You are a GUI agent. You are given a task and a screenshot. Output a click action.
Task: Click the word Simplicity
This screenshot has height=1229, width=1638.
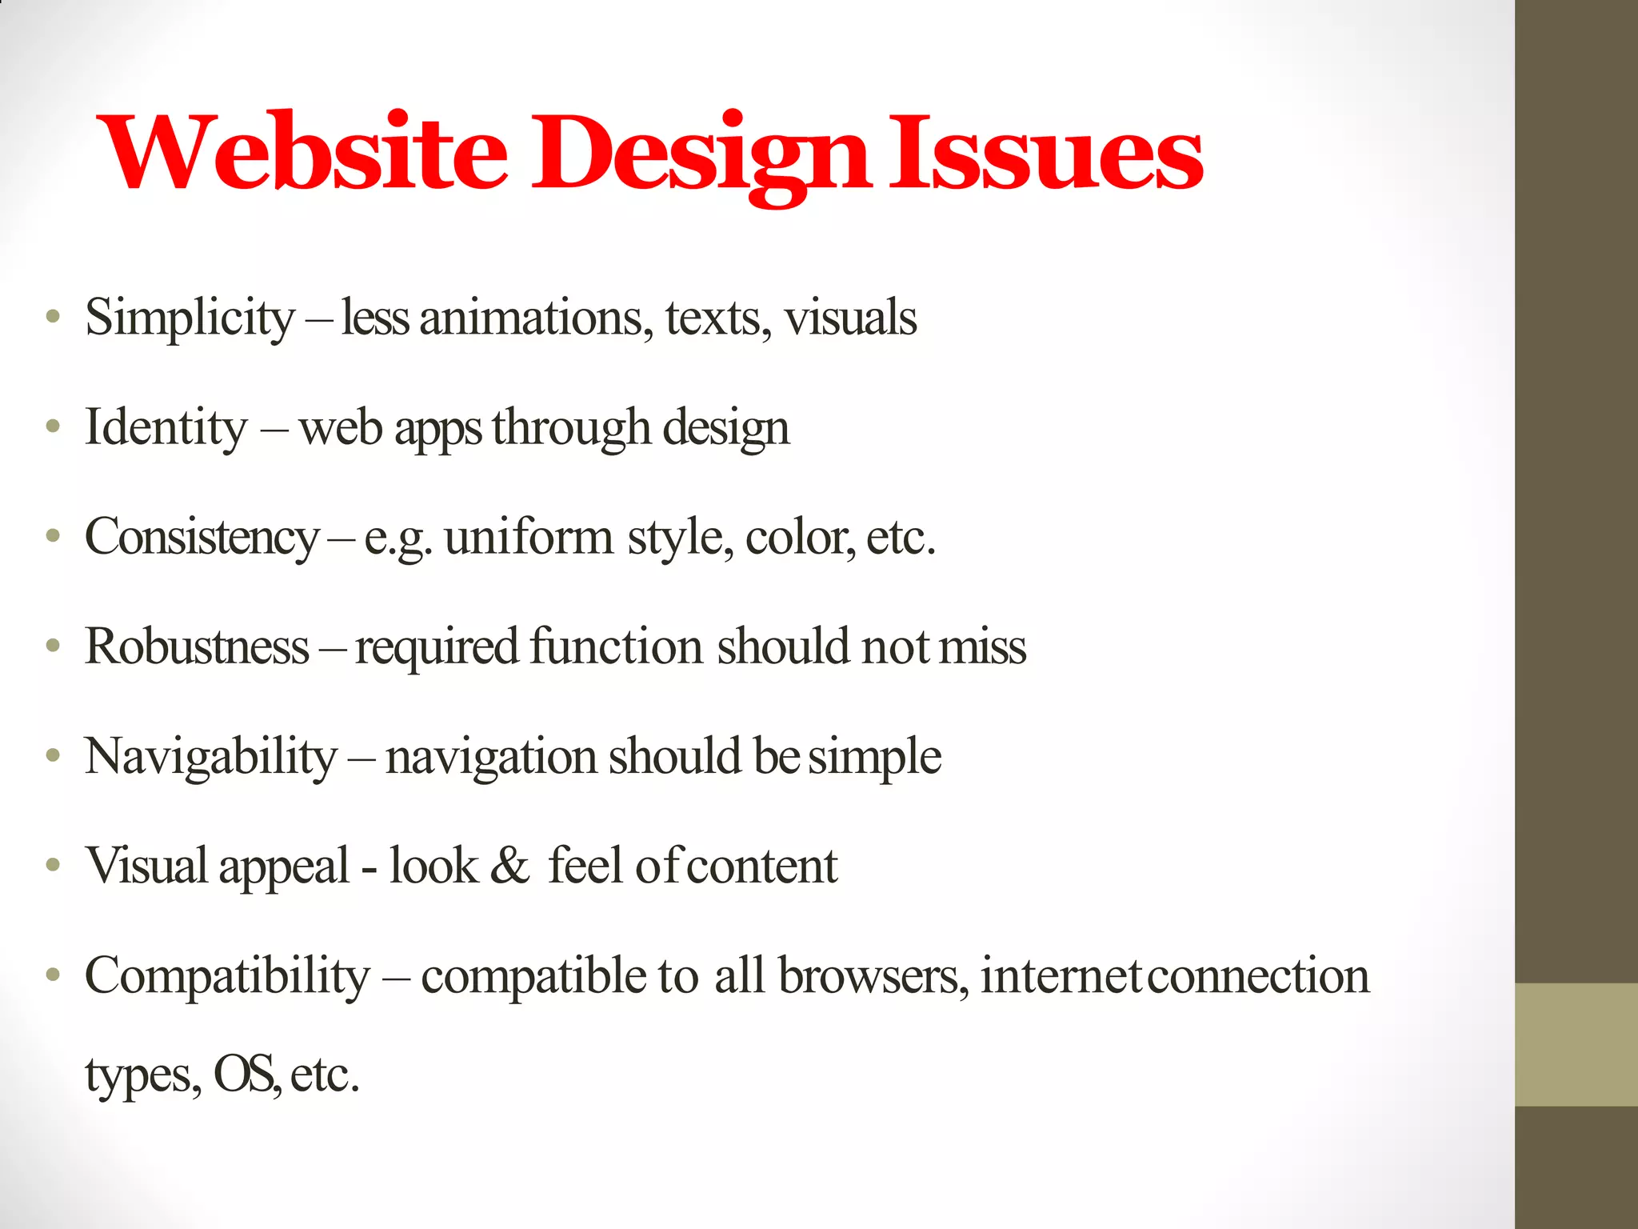click(x=190, y=318)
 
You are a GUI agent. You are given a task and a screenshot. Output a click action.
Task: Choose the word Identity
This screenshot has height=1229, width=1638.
click(x=166, y=428)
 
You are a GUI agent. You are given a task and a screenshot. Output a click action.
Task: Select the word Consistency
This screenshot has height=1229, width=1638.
click(x=202, y=538)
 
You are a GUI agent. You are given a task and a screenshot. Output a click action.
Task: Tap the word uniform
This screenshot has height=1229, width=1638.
click(x=529, y=538)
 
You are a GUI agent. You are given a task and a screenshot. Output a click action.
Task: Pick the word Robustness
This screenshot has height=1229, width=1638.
click(x=197, y=647)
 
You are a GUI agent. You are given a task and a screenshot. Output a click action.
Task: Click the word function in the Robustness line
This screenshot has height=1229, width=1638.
click(x=616, y=647)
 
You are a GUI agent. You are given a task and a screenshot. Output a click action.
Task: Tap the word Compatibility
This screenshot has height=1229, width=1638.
click(x=228, y=977)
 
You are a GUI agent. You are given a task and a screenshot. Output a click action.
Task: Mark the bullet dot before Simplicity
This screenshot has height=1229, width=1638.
click(x=53, y=317)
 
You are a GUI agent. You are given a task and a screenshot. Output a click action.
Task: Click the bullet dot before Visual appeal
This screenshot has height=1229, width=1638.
click(x=53, y=865)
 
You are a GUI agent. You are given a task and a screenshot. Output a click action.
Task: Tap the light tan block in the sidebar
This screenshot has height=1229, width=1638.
click(x=1576, y=1045)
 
